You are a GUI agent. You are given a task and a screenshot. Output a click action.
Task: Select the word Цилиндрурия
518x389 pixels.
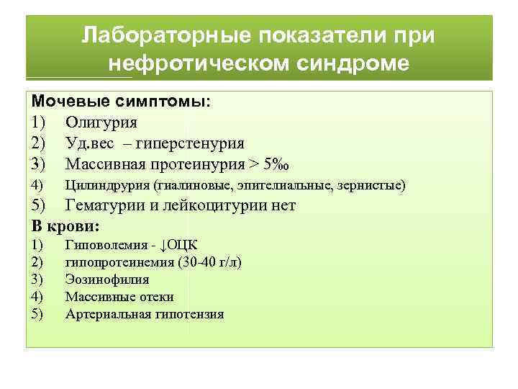click(x=106, y=186)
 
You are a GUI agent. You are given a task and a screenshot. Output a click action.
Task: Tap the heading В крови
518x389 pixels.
click(x=64, y=227)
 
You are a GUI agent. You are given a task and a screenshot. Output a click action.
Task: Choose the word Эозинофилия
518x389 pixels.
click(x=107, y=280)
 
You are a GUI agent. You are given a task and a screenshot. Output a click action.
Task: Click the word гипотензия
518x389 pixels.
click(x=189, y=314)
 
